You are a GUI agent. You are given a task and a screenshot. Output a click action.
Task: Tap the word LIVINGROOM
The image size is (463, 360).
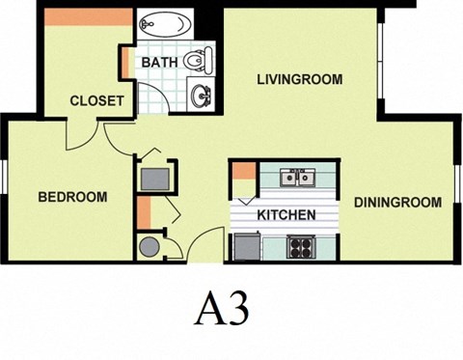(x=299, y=79)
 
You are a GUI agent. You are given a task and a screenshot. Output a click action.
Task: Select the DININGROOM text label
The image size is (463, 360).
(x=397, y=203)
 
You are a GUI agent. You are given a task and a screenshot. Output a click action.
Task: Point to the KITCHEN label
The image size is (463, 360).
(x=286, y=214)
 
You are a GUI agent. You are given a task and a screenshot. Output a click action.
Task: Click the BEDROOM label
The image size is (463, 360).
(x=72, y=197)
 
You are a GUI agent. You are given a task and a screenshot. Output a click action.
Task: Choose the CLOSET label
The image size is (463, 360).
(x=96, y=100)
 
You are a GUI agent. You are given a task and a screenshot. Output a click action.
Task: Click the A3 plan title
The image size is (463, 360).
(x=223, y=309)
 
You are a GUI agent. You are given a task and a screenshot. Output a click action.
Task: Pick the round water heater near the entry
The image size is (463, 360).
(x=148, y=246)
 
